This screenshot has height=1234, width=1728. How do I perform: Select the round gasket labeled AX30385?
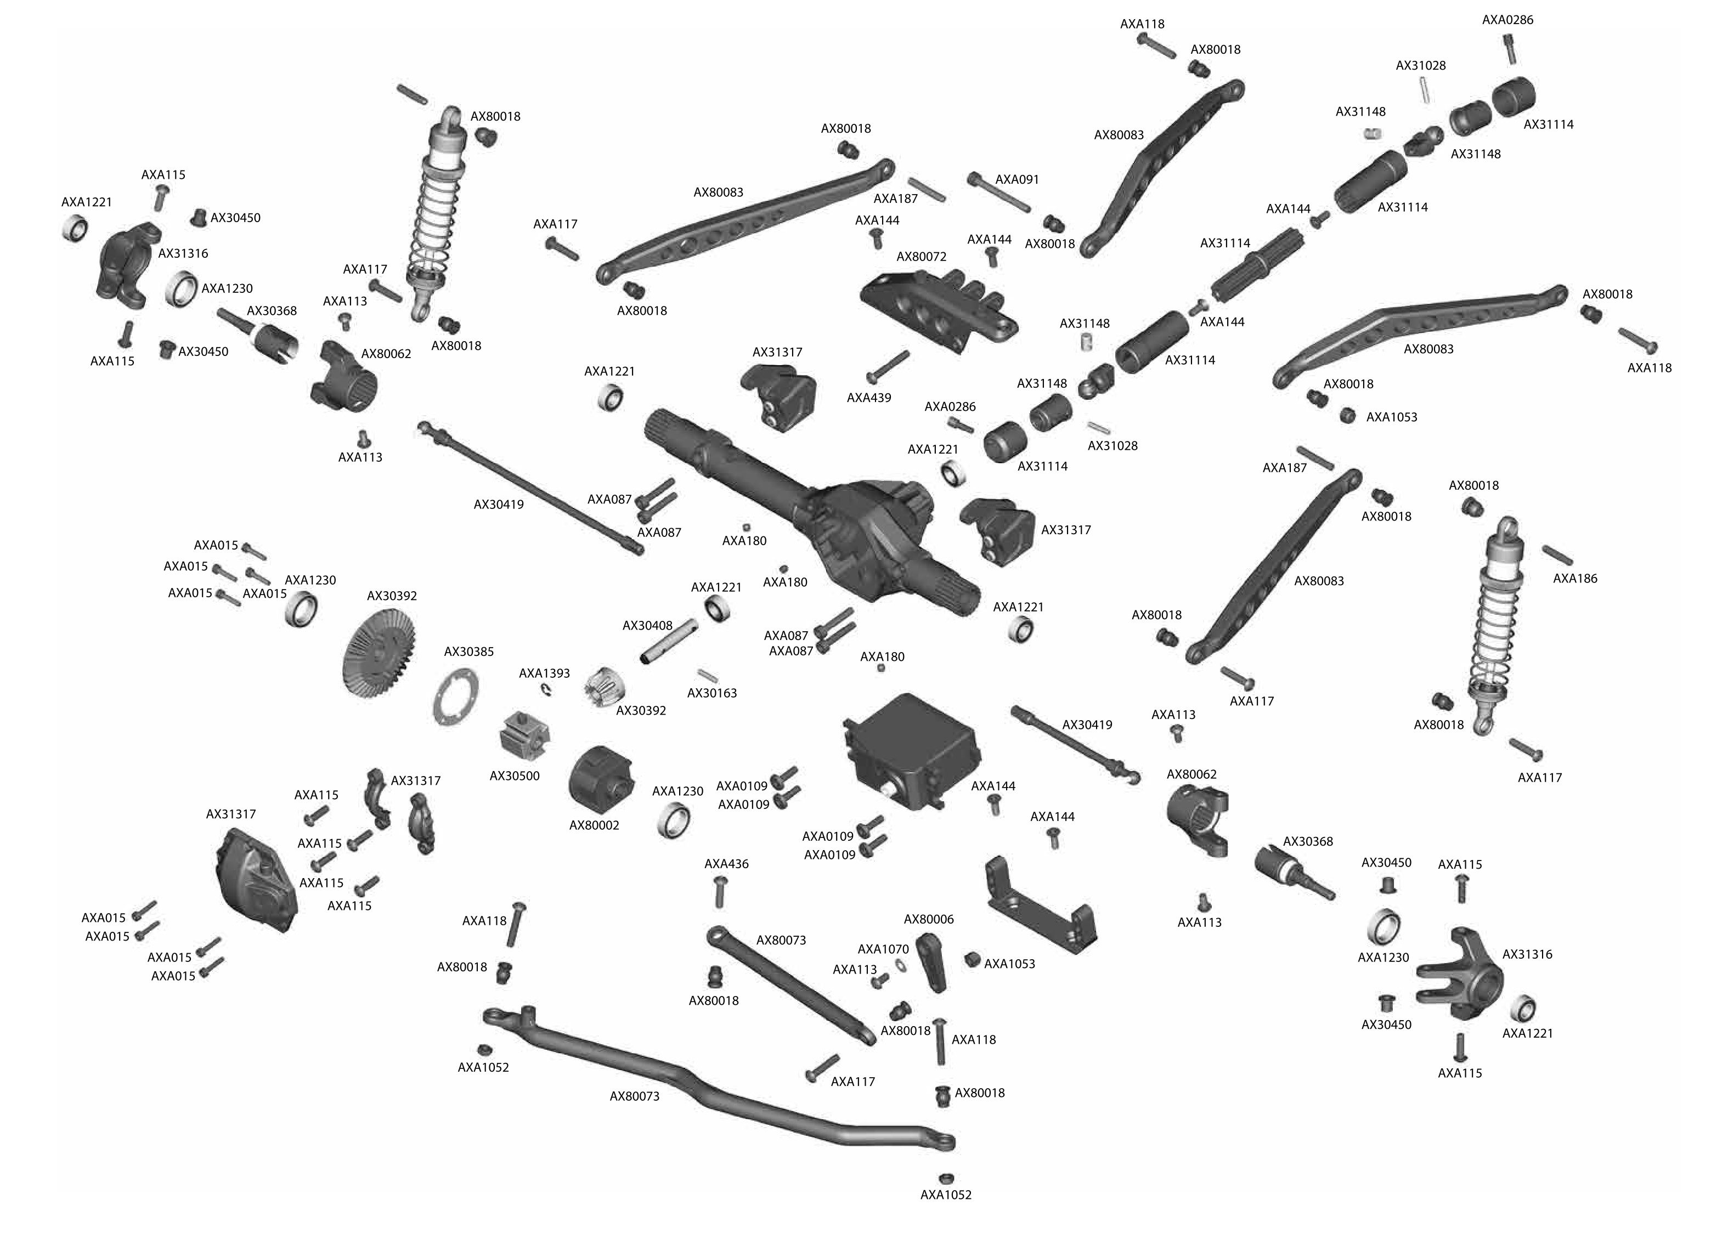point(455,698)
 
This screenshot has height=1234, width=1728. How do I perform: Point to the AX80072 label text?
point(921,257)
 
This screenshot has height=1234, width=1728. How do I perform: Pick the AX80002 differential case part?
point(602,779)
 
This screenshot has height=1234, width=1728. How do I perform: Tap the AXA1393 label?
point(544,673)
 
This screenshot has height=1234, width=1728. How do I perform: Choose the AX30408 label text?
point(647,625)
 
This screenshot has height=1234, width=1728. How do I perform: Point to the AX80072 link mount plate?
point(939,312)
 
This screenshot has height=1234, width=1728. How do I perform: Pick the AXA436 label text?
point(726,863)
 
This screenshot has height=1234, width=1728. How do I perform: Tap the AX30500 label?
point(515,776)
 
